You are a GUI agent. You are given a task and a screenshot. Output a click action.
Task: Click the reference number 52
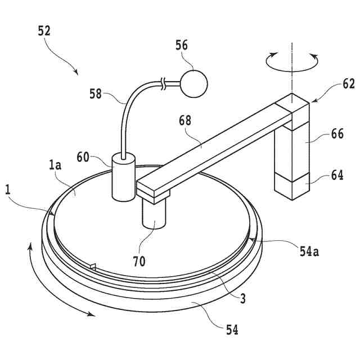(x=44, y=31)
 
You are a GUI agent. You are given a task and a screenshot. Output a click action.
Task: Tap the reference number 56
(x=182, y=46)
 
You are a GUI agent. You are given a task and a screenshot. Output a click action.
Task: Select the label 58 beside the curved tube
(x=96, y=93)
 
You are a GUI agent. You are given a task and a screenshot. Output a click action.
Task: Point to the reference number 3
(x=243, y=299)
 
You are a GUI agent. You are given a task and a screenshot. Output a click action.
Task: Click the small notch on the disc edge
(x=94, y=265)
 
